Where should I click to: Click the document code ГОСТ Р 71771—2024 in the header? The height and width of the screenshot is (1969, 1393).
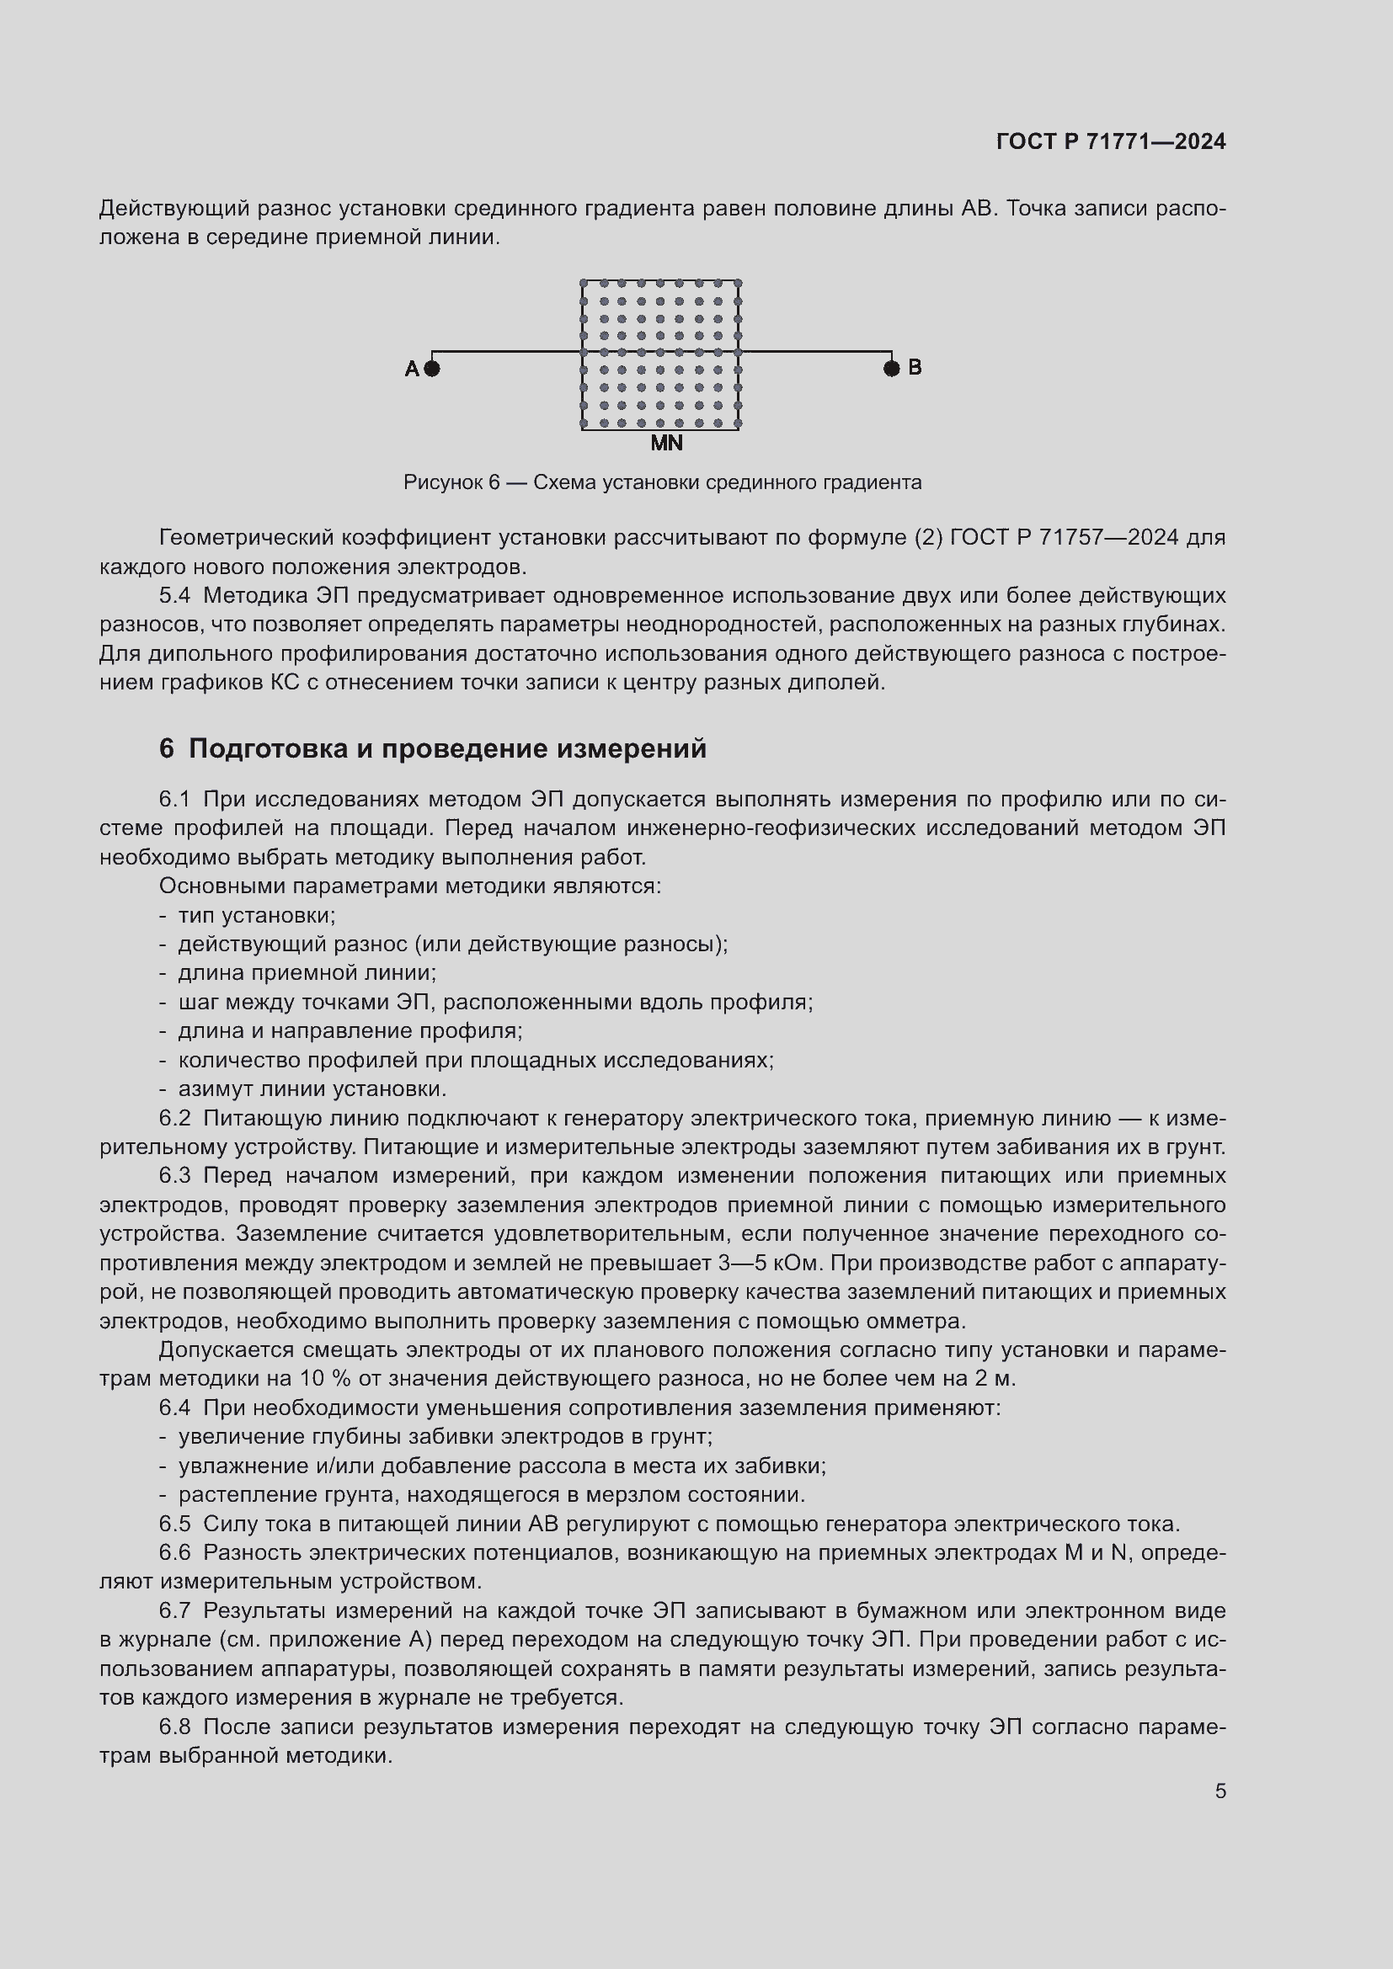point(1111,141)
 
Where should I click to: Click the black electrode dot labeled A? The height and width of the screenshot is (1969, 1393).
point(432,369)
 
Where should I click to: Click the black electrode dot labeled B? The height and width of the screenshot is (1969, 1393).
point(892,369)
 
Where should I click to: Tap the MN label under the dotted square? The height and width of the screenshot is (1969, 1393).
point(666,444)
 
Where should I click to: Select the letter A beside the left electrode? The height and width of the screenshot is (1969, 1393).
point(412,369)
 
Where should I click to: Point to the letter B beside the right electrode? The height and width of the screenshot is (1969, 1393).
point(915,367)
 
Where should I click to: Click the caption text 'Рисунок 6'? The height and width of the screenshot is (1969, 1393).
point(451,483)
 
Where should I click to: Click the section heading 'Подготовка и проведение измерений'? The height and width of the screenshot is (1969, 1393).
point(447,748)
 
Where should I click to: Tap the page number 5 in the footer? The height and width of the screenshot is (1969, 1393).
point(1220,1791)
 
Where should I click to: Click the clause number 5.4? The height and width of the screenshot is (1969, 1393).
point(175,595)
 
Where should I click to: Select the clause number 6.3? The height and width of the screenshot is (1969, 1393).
point(175,1176)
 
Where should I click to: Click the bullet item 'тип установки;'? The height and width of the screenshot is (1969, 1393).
point(257,915)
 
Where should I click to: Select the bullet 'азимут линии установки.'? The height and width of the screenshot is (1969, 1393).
point(312,1089)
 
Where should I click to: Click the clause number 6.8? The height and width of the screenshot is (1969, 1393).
point(175,1727)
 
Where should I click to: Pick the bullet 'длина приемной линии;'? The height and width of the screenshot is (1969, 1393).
point(307,973)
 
